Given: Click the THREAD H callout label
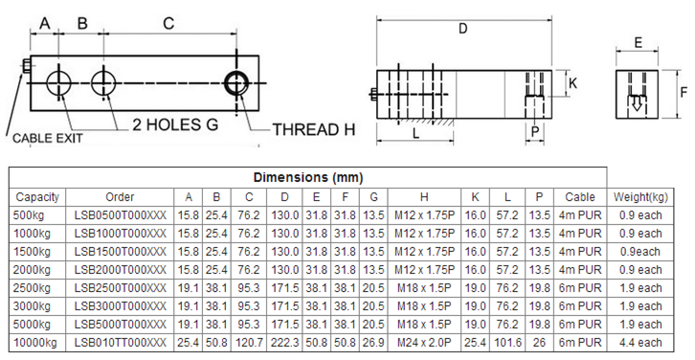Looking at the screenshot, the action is pos(313,129).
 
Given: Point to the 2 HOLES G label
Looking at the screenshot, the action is pos(175,124).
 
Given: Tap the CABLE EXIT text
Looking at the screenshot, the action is pos(48,138).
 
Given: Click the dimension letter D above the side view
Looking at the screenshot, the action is pos(462,29).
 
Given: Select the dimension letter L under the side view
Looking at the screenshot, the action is pos(415,133).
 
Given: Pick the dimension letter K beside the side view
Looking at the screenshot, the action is pos(572,83).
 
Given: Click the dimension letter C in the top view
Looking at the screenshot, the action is pos(168,23).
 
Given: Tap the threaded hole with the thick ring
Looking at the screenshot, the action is pos(236,83).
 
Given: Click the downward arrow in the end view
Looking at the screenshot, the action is pos(637,103).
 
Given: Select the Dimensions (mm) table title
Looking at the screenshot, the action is pos(308,178).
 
